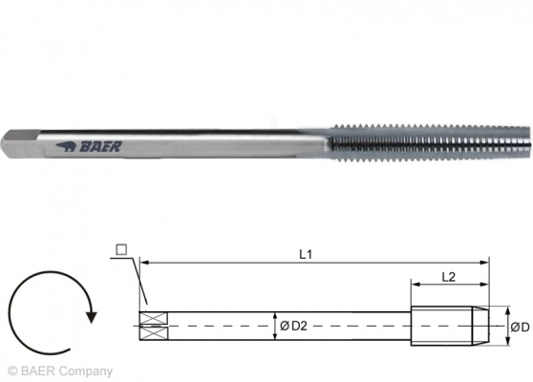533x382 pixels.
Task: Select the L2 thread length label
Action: click(448, 275)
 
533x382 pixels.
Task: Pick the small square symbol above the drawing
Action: click(119, 250)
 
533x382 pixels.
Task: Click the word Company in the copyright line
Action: click(85, 371)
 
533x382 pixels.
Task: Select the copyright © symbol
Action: click(11, 371)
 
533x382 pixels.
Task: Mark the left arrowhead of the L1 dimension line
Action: click(143, 261)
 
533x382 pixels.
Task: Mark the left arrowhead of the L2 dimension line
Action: click(415, 285)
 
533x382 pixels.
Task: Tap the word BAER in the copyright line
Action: click(37, 371)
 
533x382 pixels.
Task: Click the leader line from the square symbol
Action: click(133, 282)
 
